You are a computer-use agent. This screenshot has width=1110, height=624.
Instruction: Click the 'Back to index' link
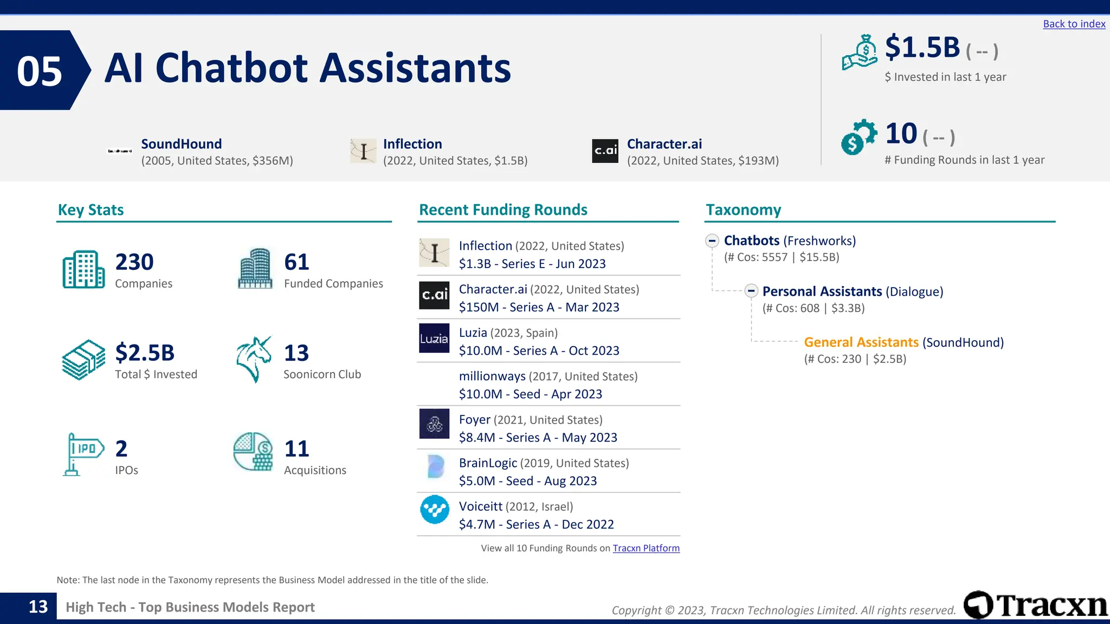click(x=1074, y=24)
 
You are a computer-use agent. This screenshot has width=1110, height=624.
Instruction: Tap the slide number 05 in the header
click(x=39, y=71)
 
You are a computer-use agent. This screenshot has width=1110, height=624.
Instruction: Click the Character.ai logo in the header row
click(x=605, y=151)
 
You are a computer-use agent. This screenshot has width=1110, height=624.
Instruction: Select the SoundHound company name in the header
click(x=181, y=144)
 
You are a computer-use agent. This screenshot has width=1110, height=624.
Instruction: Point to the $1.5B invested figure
click(x=922, y=48)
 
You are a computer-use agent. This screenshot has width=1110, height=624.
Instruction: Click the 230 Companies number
click(x=134, y=262)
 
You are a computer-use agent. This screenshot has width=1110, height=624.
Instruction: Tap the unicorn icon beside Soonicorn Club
click(x=254, y=359)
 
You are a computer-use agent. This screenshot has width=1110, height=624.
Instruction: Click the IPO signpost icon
click(x=82, y=454)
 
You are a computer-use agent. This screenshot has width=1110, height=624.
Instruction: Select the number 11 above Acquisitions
click(x=296, y=448)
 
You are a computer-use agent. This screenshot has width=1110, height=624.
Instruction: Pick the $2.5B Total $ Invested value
click(x=145, y=353)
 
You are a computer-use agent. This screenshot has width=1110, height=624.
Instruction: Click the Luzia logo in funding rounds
click(x=434, y=339)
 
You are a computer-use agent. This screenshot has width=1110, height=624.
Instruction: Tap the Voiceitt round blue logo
click(x=435, y=510)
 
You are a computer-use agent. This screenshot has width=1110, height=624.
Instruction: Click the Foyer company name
click(x=474, y=420)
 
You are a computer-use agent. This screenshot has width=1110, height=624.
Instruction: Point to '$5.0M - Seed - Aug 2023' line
click(x=527, y=481)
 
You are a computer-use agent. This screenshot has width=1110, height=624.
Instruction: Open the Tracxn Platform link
click(x=646, y=548)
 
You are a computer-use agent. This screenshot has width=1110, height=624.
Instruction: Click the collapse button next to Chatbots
click(x=712, y=240)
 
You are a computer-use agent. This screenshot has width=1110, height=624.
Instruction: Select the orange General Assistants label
click(x=861, y=342)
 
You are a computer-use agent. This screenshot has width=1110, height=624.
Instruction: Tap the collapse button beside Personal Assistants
click(x=751, y=291)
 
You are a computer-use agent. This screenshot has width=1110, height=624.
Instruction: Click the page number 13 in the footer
click(x=38, y=607)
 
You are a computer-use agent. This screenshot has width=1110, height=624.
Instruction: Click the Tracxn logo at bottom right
click(x=1035, y=605)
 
